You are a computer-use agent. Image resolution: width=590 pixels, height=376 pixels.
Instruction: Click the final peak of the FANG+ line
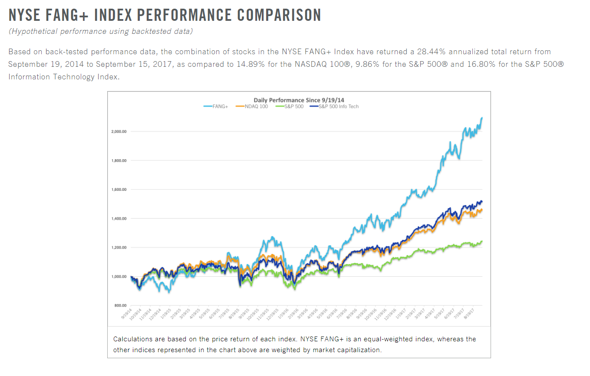coord(482,118)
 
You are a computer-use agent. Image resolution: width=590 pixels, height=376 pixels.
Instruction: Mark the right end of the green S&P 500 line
coord(482,241)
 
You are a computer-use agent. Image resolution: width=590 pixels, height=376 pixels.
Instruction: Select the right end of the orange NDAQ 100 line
coord(482,210)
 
